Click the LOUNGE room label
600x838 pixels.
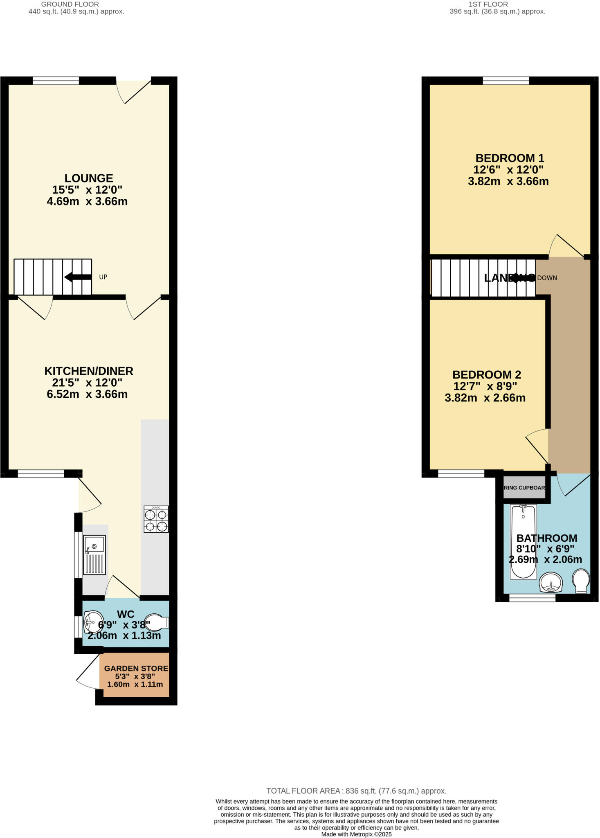88,178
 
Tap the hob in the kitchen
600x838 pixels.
156,519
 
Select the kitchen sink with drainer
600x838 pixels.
94,554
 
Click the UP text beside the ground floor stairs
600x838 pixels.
103,277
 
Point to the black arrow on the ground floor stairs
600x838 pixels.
78,277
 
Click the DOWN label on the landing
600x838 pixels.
547,278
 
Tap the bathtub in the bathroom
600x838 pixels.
523,541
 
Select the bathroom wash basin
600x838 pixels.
551,583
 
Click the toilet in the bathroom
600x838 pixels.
581,581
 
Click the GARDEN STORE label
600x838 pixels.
136,668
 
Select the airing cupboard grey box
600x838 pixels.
524,487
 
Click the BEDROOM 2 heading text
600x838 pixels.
486,374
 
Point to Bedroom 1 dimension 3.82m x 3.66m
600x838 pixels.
508,181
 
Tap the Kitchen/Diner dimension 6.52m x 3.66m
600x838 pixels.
87,394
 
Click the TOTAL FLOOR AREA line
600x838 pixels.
356,791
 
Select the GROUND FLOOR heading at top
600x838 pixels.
70,4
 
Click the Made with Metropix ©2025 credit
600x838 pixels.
356,834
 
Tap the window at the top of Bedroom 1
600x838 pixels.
506,81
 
